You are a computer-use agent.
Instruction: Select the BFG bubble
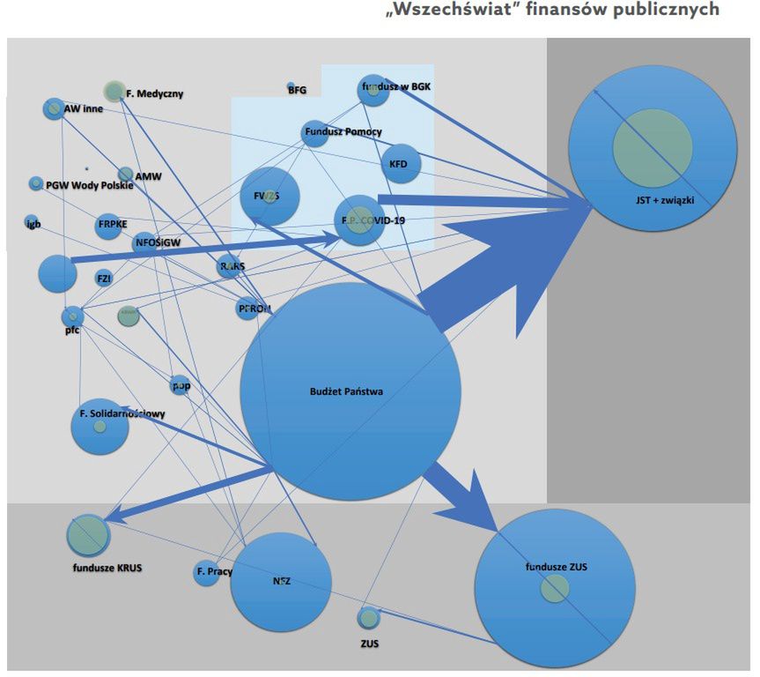[291, 87]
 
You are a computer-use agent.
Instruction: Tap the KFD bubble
[399, 164]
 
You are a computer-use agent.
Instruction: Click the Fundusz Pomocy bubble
[314, 133]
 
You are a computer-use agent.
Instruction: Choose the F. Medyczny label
[154, 93]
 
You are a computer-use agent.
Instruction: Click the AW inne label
[84, 110]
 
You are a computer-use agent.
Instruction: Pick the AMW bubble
[126, 175]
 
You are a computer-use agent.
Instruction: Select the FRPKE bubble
[112, 225]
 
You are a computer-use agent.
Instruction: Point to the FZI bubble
[104, 279]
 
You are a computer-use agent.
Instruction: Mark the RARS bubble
[230, 265]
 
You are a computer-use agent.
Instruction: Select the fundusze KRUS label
[107, 568]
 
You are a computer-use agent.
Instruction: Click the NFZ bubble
[281, 581]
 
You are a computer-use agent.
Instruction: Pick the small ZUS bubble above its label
[369, 618]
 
